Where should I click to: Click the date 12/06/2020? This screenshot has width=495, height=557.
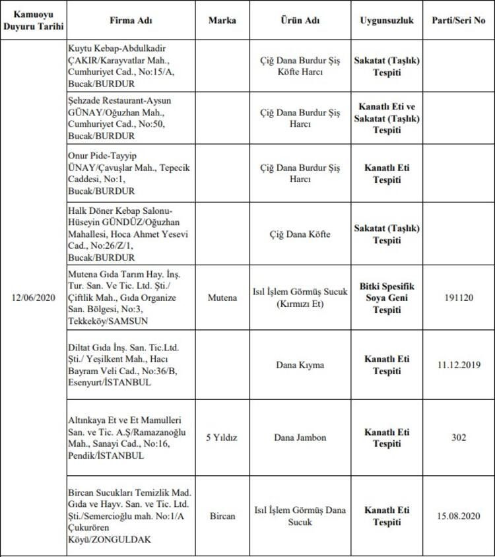point(33,298)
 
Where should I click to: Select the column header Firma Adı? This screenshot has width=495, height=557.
point(131,20)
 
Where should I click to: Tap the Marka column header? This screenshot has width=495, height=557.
point(222,20)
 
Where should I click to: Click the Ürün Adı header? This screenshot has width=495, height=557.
point(300,20)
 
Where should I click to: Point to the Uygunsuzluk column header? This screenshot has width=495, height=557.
point(387,20)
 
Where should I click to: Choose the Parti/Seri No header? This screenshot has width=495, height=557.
point(459,20)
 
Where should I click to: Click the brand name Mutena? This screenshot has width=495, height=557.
point(222,298)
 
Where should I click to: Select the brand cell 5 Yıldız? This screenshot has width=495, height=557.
point(222,437)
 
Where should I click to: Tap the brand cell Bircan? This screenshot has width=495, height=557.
point(222,515)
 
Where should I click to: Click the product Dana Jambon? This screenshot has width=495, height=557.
point(300,437)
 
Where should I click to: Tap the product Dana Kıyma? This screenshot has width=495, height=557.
point(300,364)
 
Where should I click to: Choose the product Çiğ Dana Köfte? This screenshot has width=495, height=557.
point(300,234)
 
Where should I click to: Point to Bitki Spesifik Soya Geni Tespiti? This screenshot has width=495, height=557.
point(387,298)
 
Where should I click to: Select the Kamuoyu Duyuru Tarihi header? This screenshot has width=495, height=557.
point(33,20)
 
